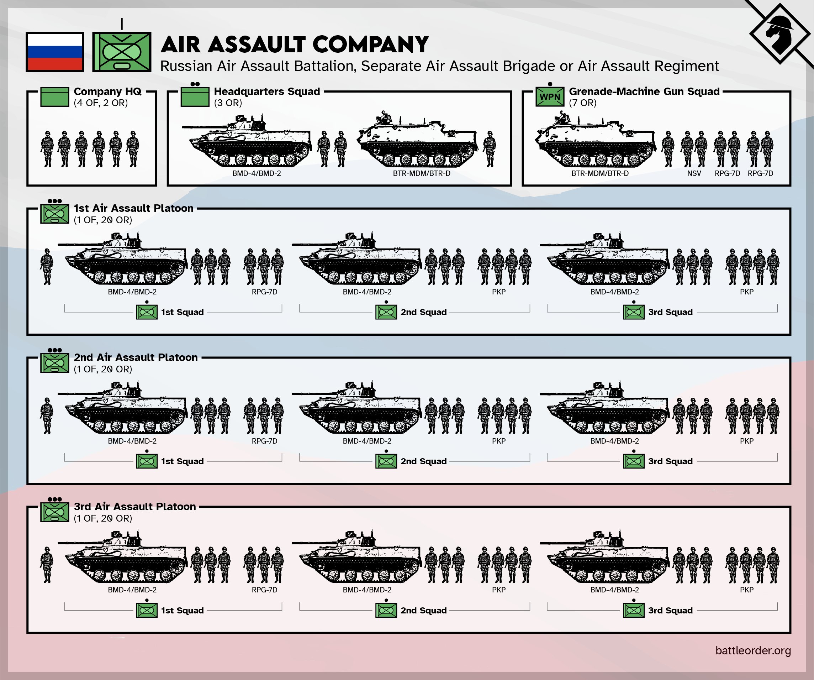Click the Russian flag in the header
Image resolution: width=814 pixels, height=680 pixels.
pos(55,52)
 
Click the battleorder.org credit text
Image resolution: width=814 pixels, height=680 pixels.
pos(753,650)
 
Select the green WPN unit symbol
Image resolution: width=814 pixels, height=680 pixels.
pos(550,96)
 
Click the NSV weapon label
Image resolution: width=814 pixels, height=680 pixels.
pos(694,173)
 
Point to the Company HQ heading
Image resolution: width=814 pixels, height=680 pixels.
pos(107,91)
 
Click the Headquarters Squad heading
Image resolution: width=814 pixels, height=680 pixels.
pos(267,91)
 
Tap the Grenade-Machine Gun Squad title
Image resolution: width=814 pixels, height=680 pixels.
pos(644,91)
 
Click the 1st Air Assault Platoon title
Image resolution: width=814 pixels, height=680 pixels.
pos(133,208)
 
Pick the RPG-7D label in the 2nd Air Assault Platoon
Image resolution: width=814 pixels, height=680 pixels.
pos(264,441)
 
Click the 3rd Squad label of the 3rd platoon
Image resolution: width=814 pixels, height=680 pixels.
pos(670,611)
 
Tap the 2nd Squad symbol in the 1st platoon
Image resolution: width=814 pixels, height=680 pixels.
pos(386,312)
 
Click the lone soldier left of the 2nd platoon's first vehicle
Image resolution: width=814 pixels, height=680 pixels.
pos(47,415)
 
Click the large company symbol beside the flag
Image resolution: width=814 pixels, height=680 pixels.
pos(122,52)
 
